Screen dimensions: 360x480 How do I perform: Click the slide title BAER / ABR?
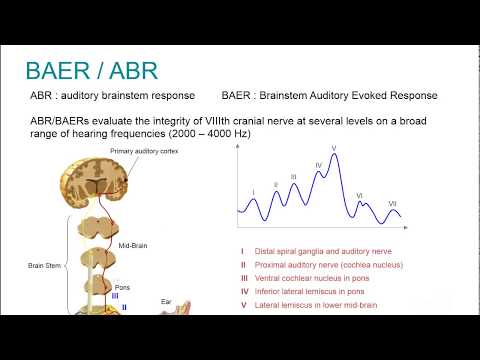[91, 72]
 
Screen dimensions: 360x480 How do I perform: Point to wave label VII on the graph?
[392, 203]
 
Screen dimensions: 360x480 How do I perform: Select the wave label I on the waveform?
[254, 192]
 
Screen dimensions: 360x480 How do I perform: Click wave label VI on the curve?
[359, 196]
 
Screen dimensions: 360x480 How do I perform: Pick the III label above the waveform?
[293, 176]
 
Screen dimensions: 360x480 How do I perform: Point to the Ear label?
[167, 300]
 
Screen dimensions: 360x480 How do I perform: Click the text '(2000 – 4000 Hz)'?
[223, 133]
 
